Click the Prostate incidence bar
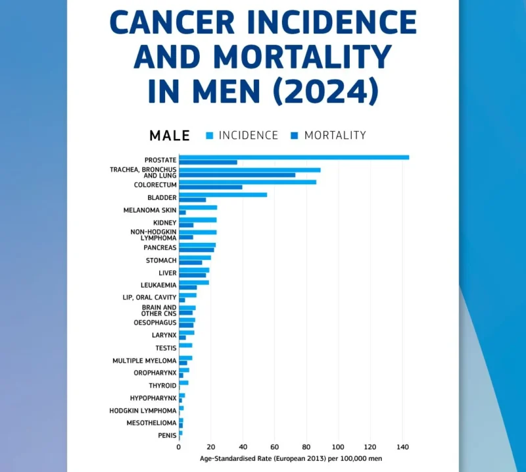pos(294,157)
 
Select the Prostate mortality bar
pos(208,162)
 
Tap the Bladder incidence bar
pos(223,195)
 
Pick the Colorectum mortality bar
pos(210,187)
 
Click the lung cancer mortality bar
pos(237,174)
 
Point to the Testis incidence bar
pos(185,345)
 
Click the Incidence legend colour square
pos(210,136)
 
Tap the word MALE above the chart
pos(170,136)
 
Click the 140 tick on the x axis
pos(402,447)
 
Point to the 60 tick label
pos(275,447)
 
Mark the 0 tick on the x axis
pos(179,447)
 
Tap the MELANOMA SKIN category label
pos(150,210)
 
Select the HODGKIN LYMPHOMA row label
pos(143,411)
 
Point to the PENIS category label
pos(166,435)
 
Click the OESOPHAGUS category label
pos(155,323)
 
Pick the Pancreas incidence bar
pos(197,245)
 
